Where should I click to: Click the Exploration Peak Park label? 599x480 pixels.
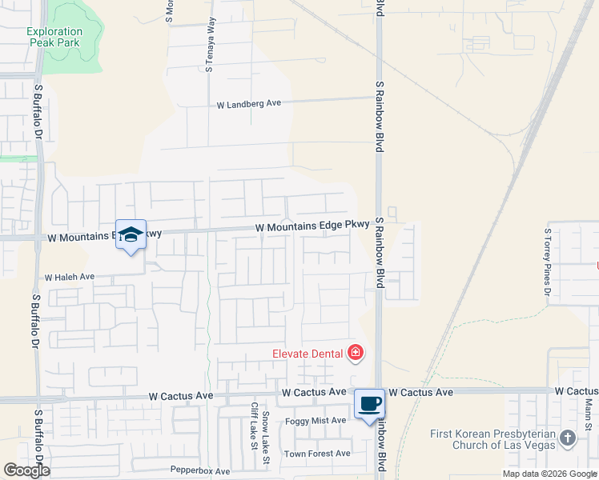(x=54, y=37)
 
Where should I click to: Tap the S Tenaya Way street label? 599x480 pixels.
(x=211, y=46)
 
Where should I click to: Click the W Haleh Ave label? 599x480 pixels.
(x=70, y=277)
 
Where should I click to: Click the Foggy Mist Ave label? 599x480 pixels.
(x=316, y=420)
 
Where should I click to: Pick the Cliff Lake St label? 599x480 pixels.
(x=254, y=426)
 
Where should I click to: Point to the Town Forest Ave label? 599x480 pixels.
(x=317, y=453)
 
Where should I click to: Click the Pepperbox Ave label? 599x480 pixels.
(x=200, y=471)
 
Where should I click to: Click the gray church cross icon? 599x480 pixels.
(x=568, y=438)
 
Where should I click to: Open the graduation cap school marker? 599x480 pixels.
(x=131, y=234)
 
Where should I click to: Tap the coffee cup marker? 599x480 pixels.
(x=369, y=403)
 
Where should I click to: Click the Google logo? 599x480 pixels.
(x=26, y=470)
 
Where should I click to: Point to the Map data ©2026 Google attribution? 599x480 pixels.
(x=549, y=474)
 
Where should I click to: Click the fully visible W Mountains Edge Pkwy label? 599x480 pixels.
(x=312, y=227)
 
